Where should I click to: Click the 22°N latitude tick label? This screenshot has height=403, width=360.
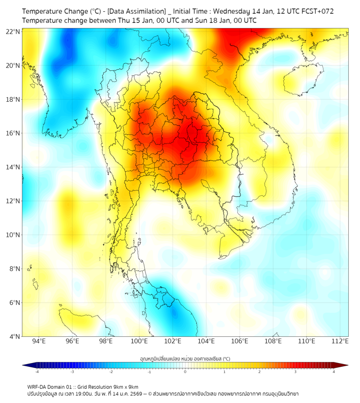point(13,31)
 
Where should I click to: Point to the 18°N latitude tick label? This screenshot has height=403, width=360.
point(13,99)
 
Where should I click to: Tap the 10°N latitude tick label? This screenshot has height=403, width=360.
point(13,235)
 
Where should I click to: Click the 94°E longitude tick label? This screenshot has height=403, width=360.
point(38,341)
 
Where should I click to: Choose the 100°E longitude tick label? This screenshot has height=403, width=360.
point(140,341)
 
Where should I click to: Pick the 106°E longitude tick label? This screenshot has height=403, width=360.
point(240,341)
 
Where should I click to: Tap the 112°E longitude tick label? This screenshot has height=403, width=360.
point(340,341)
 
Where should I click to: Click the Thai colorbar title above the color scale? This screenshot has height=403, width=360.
point(185,358)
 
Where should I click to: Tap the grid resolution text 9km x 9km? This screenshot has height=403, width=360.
point(125,387)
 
